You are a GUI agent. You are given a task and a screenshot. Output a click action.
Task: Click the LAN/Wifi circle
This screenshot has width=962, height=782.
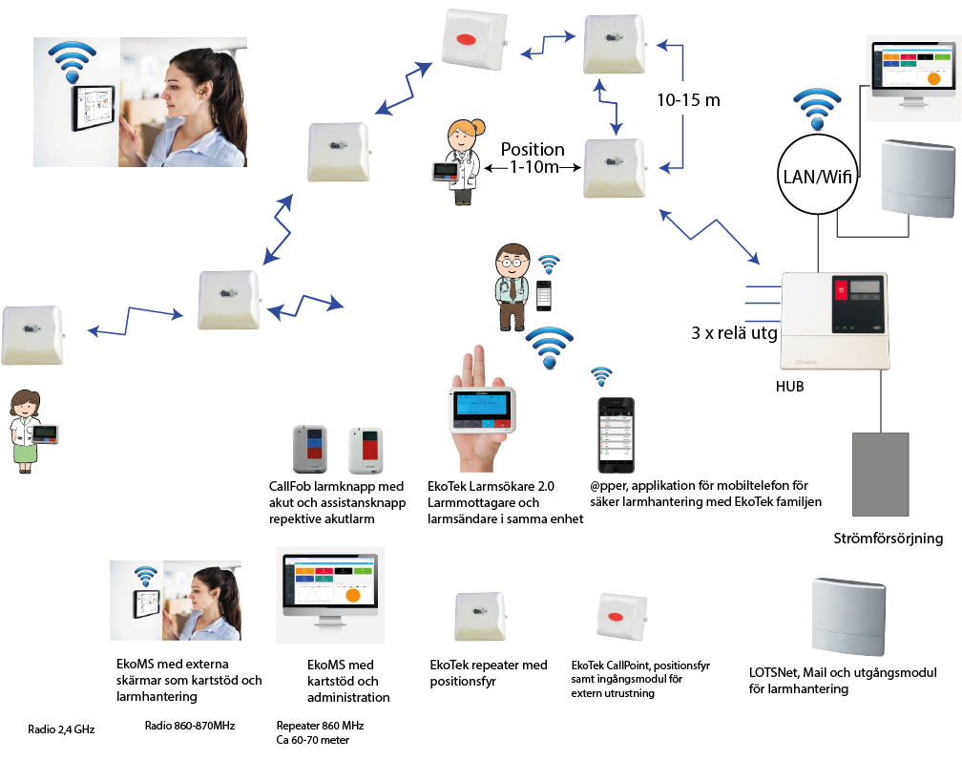pos(815,175)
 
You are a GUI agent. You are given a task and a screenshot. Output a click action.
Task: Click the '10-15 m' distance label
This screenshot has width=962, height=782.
pos(688,99)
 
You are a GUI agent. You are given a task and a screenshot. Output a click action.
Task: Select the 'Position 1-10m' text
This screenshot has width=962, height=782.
pos(533,158)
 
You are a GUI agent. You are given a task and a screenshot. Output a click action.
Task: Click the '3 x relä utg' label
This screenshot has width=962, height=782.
pos(732,334)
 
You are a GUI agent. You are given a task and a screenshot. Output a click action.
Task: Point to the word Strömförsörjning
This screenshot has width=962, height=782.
pos(888,539)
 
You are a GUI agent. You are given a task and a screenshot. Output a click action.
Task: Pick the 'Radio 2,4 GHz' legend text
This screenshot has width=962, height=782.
pos(61,729)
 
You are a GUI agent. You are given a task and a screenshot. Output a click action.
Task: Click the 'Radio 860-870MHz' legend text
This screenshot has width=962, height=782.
pos(190,726)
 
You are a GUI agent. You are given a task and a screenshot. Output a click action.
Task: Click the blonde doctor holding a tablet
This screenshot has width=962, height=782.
pos(456,163)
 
